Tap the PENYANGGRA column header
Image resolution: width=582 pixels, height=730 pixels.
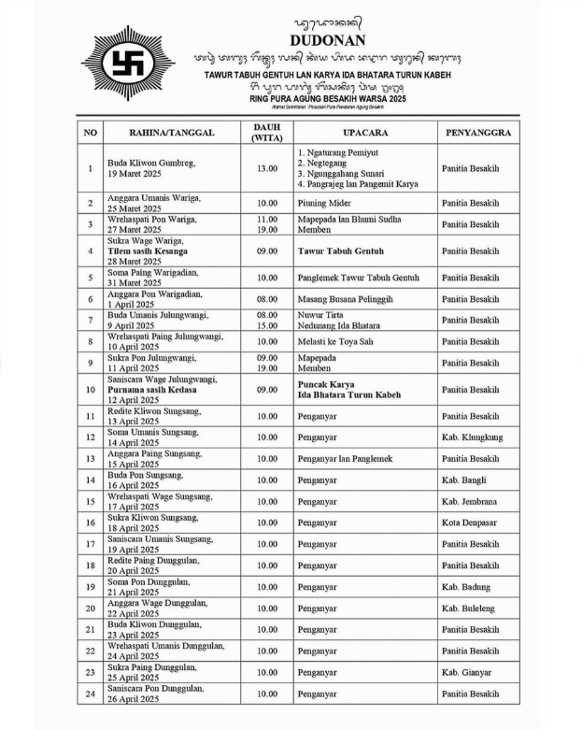pyautogui.click(x=477, y=133)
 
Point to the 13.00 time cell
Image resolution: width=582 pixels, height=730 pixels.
pyautogui.click(x=267, y=169)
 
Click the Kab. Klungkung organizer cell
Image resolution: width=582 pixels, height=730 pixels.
pyautogui.click(x=473, y=437)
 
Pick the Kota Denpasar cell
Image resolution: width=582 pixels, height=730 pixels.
pyautogui.click(x=472, y=523)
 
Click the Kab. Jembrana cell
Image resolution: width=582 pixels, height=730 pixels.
pyautogui.click(x=472, y=502)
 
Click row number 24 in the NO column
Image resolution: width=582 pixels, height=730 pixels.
pyautogui.click(x=90, y=694)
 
